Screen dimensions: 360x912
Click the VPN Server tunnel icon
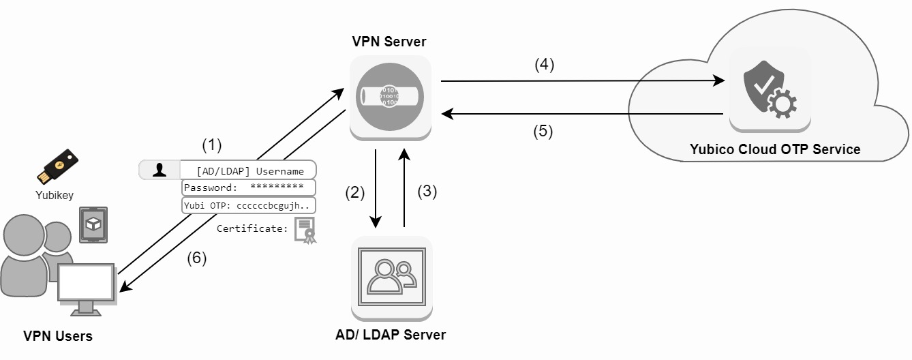pyautogui.click(x=390, y=97)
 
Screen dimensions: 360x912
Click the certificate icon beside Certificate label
pyautogui.click(x=305, y=230)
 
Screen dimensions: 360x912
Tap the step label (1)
pyautogui.click(x=212, y=145)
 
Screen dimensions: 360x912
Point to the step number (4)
pyautogui.click(x=544, y=65)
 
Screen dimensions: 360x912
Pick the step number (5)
pyautogui.click(x=543, y=132)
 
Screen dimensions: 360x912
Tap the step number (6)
pyautogui.click(x=196, y=258)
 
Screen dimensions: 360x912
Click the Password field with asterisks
pyautogui.click(x=248, y=187)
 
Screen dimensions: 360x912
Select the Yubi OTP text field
pyautogui.click(x=248, y=205)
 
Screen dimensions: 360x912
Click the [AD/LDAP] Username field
pyautogui.click(x=249, y=170)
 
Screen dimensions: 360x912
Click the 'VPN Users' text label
pyautogui.click(x=58, y=336)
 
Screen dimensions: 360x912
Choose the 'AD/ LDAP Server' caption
pyautogui.click(x=391, y=335)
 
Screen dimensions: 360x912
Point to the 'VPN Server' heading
pyautogui.click(x=389, y=42)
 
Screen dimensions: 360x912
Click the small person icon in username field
pyautogui.click(x=159, y=170)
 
